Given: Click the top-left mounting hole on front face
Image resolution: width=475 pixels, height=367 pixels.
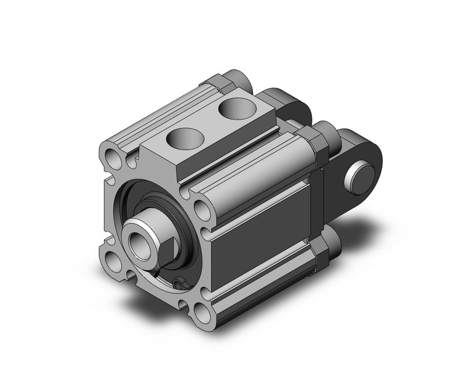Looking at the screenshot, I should [x=111, y=154].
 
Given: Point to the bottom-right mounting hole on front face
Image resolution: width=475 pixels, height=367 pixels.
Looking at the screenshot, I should [x=201, y=311].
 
